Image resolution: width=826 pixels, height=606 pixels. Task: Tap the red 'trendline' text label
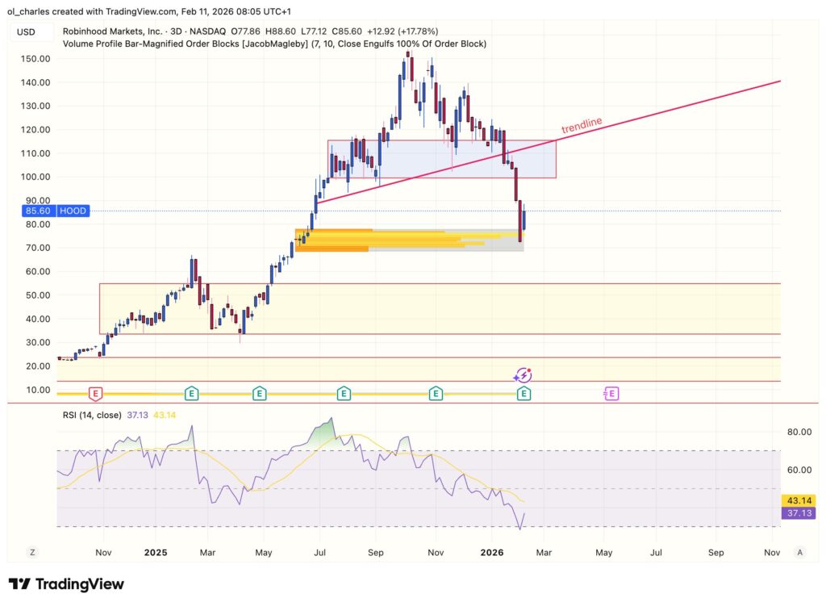[x=582, y=126]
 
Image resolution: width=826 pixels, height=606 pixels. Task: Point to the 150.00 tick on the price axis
[x=36, y=59]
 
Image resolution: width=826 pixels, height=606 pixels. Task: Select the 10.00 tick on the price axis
[x=36, y=391]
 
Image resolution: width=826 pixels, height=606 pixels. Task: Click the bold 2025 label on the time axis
[x=155, y=553]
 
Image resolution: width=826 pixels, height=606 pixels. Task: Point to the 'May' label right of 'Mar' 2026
[x=604, y=553]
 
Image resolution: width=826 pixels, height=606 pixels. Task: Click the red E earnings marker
[x=95, y=394]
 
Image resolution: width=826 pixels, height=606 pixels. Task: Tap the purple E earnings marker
[x=611, y=394]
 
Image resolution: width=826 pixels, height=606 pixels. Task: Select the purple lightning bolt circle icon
[x=524, y=375]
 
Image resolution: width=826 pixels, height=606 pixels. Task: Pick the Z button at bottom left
[x=32, y=553]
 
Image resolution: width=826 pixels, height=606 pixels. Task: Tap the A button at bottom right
[x=799, y=553]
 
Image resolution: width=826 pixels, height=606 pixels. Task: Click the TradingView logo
[x=66, y=584]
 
